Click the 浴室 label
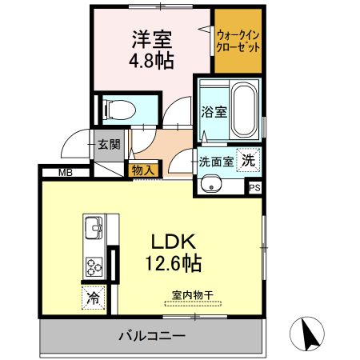coord(212,111)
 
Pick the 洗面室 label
coord(217,160)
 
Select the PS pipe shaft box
coord(255,188)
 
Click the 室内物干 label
coord(193,294)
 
